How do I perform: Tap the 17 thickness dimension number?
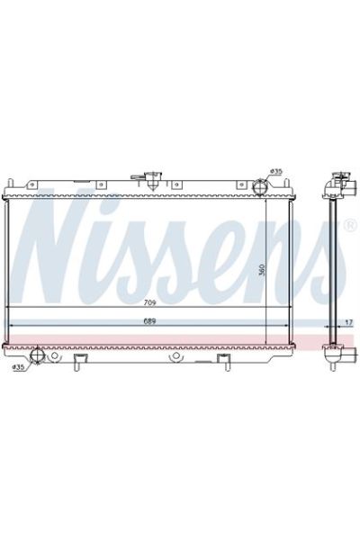348,320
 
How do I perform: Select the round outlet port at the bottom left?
36,358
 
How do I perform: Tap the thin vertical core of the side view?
335,270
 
